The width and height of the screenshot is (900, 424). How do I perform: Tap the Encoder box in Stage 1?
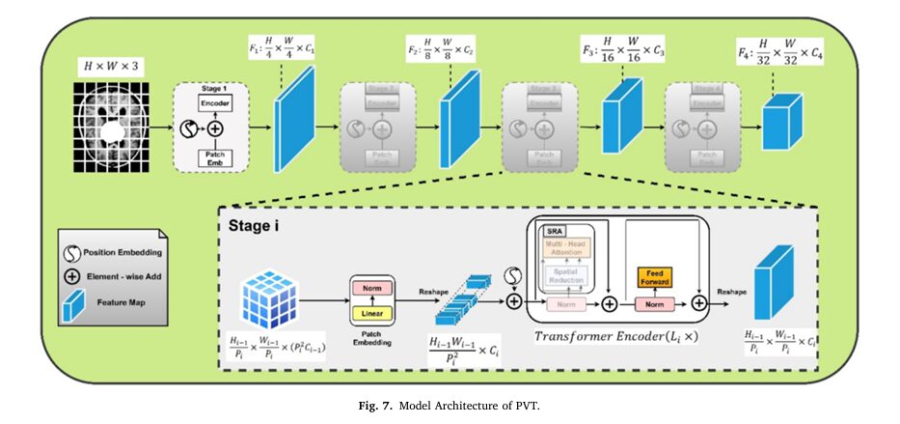pos(214,102)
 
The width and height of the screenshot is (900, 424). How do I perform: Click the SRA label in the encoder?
pos(556,233)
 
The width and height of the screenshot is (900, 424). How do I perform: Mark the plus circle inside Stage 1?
pos(215,128)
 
